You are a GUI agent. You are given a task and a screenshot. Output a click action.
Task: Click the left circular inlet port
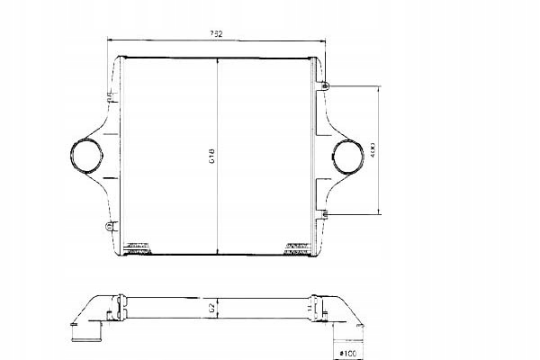click(x=87, y=156)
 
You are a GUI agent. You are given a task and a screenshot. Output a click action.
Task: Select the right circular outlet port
click(x=348, y=157)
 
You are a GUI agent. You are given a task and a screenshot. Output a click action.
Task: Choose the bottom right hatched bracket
click(x=297, y=247)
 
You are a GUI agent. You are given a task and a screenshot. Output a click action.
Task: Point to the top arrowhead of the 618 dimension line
click(x=217, y=58)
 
